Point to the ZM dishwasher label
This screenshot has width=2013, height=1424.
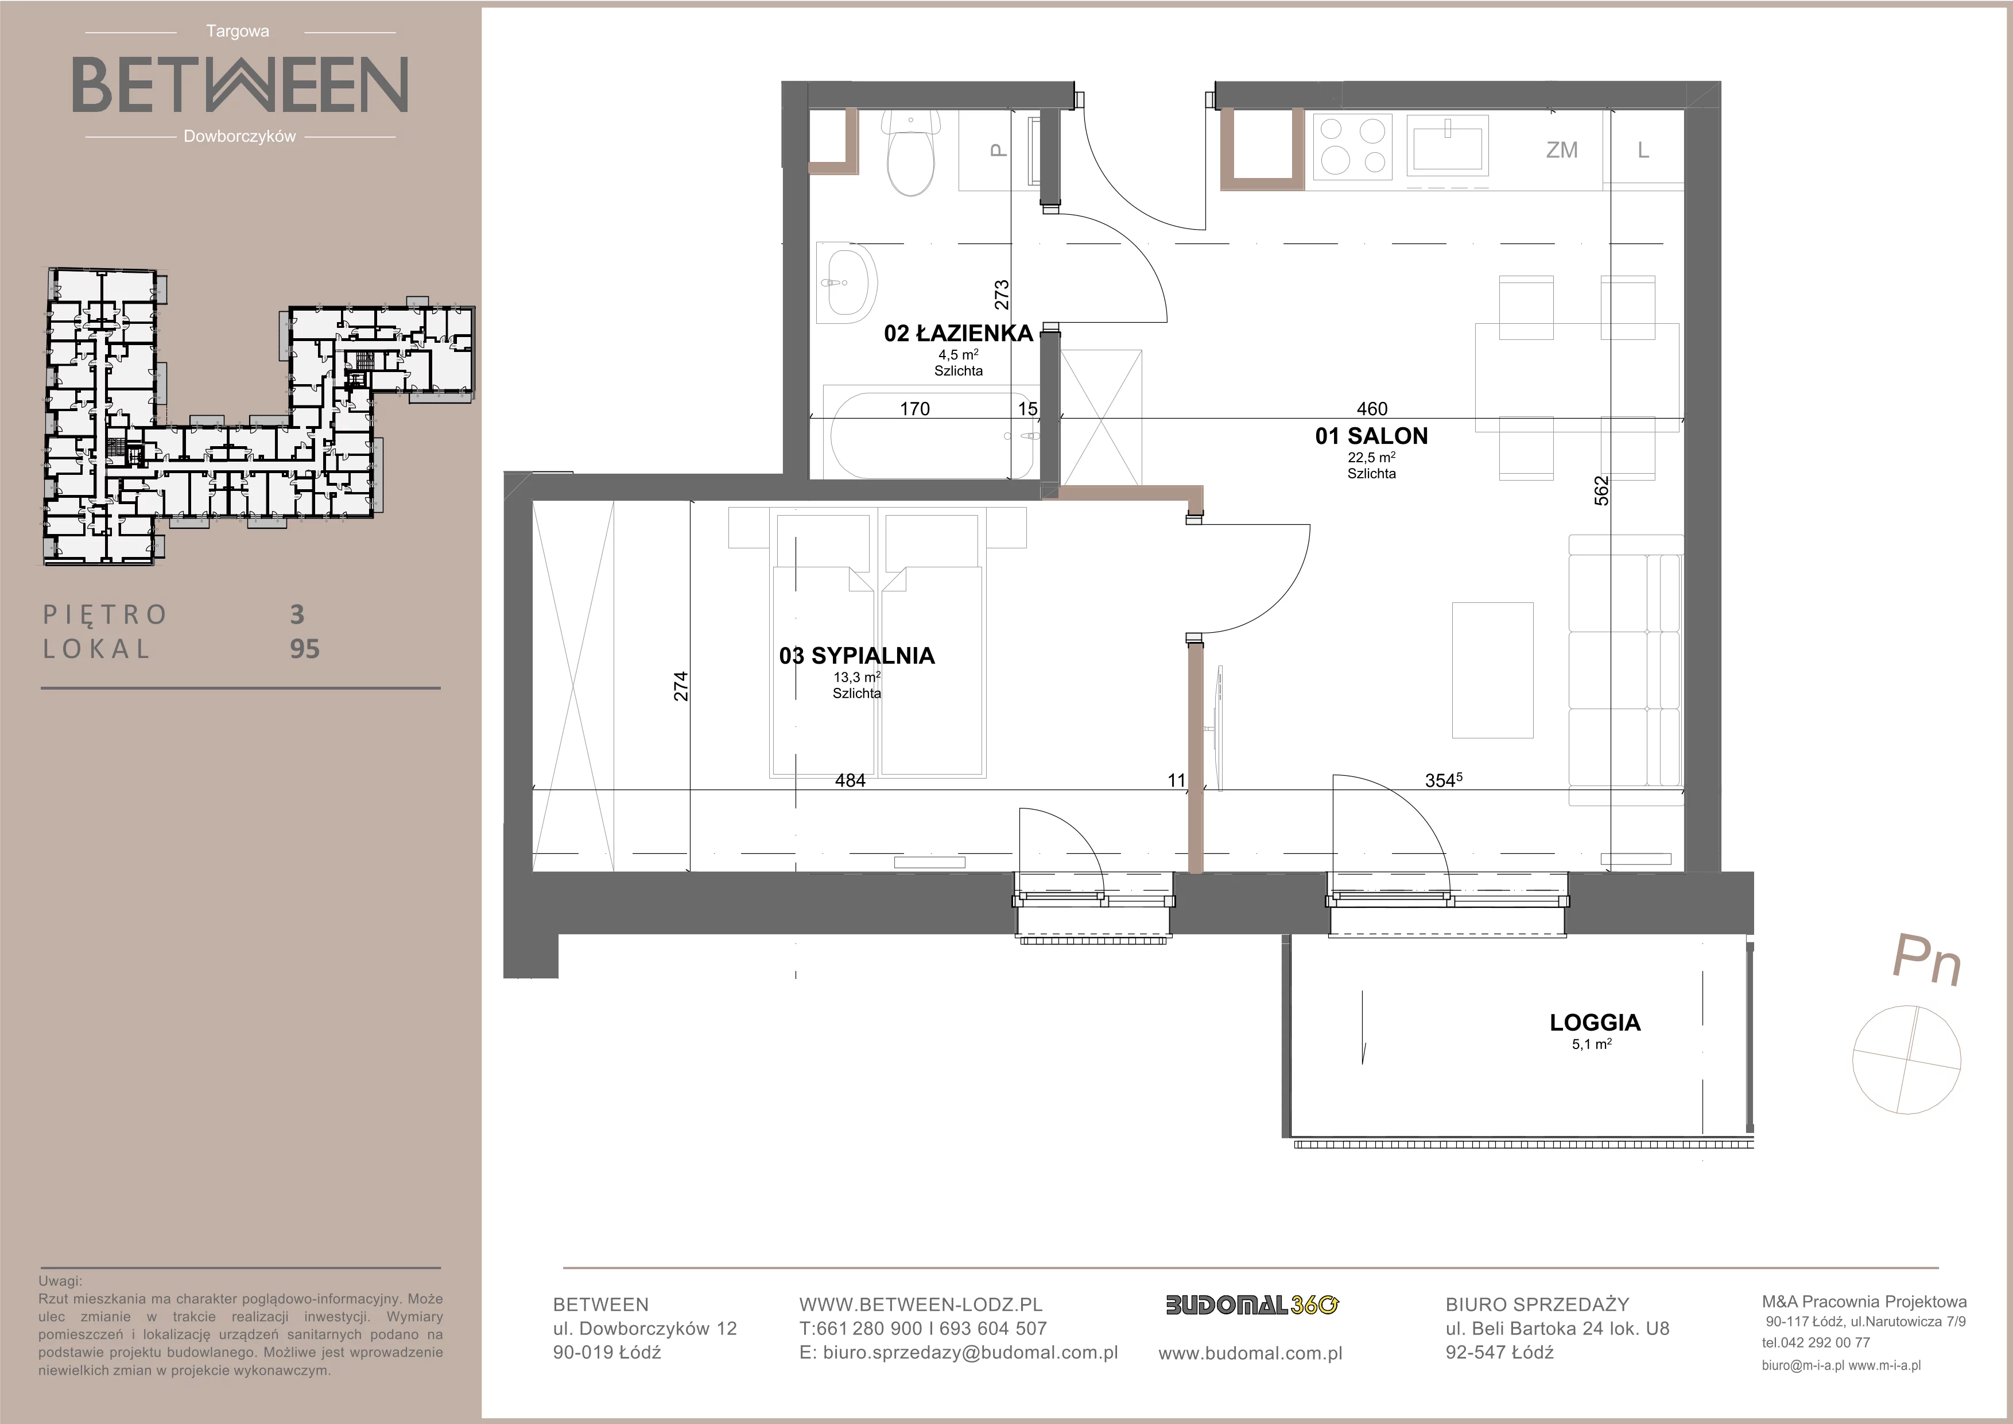click(x=1561, y=150)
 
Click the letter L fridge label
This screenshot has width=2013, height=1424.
click(x=1644, y=150)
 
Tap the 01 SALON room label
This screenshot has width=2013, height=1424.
click(x=1371, y=436)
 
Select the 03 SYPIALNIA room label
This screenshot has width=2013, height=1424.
click(x=856, y=656)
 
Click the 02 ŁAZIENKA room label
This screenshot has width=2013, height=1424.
click(x=958, y=333)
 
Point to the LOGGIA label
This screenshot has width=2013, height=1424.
click(x=1595, y=1023)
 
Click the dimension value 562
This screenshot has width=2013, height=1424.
click(x=1602, y=491)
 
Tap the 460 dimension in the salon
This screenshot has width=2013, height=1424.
click(x=1372, y=409)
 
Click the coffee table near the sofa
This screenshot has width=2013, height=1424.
click(x=1493, y=671)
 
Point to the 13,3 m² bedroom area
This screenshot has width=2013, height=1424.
click(x=856, y=677)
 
